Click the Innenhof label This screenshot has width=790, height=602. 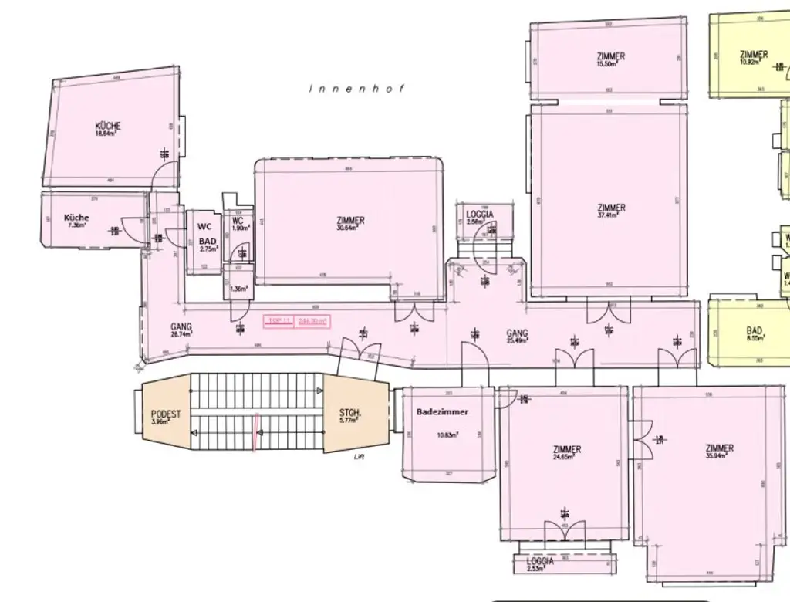pyautogui.click(x=356, y=89)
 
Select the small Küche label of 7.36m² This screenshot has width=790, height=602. pyautogui.click(x=76, y=218)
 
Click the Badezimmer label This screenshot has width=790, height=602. pyautogui.click(x=443, y=412)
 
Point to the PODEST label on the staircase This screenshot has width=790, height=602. pyautogui.click(x=166, y=414)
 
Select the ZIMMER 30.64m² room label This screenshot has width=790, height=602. pyautogui.click(x=351, y=221)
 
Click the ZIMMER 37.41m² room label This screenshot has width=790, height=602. pyautogui.click(x=611, y=208)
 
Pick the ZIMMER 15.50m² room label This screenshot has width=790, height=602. pyautogui.click(x=611, y=56)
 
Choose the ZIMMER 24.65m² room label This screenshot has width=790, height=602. pyautogui.click(x=567, y=449)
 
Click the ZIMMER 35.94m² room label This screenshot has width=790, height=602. pyautogui.click(x=719, y=448)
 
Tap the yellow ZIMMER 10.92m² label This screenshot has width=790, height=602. pyautogui.click(x=753, y=55)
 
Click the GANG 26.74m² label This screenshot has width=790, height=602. pyautogui.click(x=182, y=326)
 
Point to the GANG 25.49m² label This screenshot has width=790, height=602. pyautogui.click(x=517, y=333)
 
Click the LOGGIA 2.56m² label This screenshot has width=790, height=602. pyautogui.click(x=479, y=215)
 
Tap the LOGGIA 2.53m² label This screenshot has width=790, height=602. pyautogui.click(x=540, y=562)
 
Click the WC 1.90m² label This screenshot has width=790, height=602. pyautogui.click(x=238, y=222)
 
